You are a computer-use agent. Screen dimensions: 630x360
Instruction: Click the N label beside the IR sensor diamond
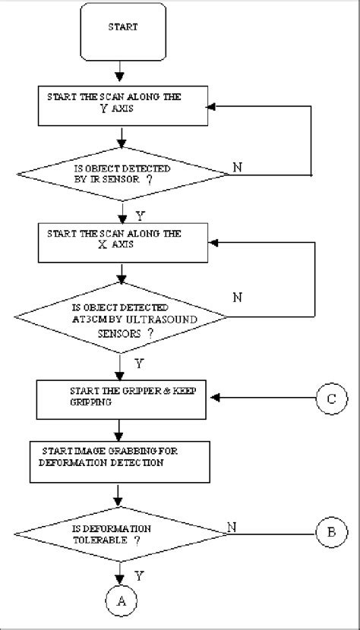(238, 166)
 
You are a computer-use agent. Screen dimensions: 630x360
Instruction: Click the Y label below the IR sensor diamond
(139, 215)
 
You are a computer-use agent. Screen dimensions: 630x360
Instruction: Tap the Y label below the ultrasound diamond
(137, 363)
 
